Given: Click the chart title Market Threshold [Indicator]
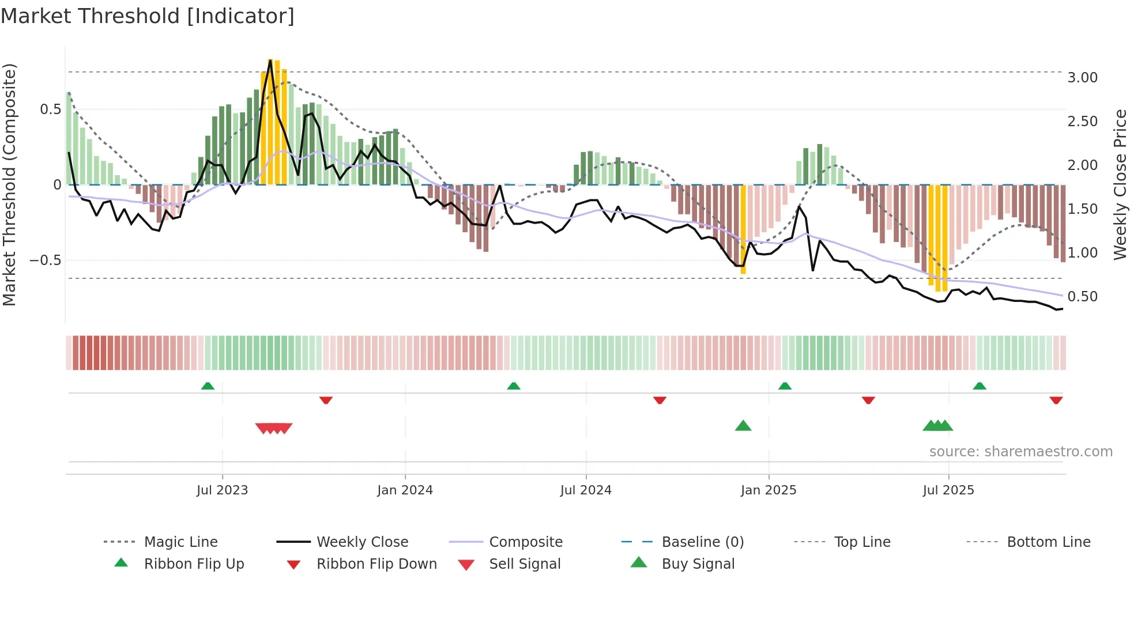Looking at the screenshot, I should coord(148,16).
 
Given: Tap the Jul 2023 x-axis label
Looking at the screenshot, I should coord(222,490).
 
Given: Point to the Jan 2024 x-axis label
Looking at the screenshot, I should coord(405,490).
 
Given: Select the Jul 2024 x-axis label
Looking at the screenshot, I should coord(586,490).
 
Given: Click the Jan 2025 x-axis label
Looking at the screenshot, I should coord(769,490).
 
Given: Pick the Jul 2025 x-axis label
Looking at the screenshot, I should coord(948,490).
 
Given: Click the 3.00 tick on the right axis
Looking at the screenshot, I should coord(1082,78).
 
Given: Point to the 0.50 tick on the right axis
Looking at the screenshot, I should coord(1082,297).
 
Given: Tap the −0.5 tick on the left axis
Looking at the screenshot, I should coord(45,260).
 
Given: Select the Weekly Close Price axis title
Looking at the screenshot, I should coord(1120,184).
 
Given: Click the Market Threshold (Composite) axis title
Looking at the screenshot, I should coord(9,184).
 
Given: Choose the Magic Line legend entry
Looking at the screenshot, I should coord(180,542).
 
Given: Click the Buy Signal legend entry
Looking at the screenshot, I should coord(698,564).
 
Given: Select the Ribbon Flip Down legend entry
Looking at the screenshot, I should coord(376,564).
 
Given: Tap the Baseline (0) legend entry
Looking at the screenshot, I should coord(702,542).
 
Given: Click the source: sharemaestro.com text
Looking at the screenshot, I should coord(1020,452).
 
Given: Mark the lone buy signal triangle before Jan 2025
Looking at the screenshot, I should coord(743,426).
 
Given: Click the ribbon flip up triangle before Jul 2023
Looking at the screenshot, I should coord(208,385).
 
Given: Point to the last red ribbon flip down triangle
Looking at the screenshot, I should coord(1056,400).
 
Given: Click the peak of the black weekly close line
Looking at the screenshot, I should coord(270,60).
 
